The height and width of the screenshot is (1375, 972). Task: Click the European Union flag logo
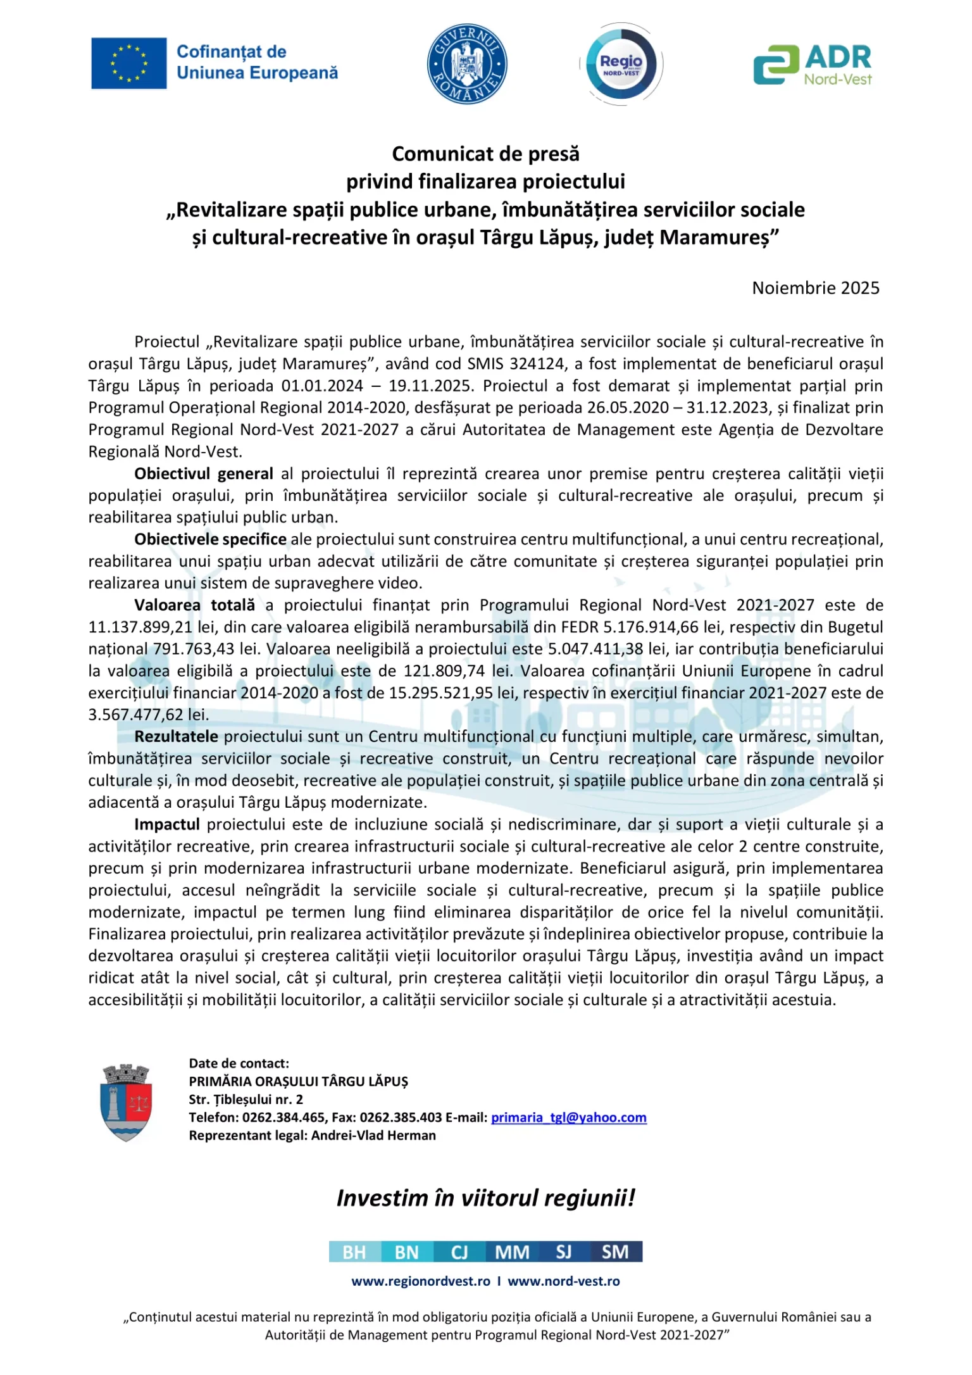pyautogui.click(x=129, y=63)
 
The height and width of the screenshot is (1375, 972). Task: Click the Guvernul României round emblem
pyautogui.click(x=467, y=63)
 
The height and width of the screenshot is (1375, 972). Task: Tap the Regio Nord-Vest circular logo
pyautogui.click(x=621, y=63)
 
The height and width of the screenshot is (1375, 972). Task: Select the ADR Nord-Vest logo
pyautogui.click(x=813, y=64)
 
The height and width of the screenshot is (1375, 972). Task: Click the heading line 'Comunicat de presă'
pyautogui.click(x=485, y=154)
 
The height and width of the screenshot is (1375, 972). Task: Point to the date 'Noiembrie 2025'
pyautogui.click(x=815, y=288)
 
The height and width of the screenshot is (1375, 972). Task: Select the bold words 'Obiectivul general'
pyautogui.click(x=203, y=474)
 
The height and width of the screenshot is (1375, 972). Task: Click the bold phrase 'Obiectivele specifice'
pyautogui.click(x=210, y=539)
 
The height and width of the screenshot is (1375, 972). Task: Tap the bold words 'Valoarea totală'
pyautogui.click(x=194, y=605)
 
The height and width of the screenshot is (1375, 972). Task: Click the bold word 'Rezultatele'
pyautogui.click(x=176, y=737)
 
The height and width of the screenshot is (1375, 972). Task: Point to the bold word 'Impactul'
pyautogui.click(x=166, y=825)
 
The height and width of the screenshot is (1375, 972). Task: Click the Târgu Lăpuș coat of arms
pyautogui.click(x=127, y=1102)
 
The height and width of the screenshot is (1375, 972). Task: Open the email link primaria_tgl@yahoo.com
pyautogui.click(x=568, y=1117)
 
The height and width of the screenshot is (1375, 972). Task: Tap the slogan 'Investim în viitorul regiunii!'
pyautogui.click(x=485, y=1198)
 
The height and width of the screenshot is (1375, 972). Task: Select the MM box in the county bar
pyautogui.click(x=512, y=1252)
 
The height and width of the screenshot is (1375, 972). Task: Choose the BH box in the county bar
pyautogui.click(x=354, y=1252)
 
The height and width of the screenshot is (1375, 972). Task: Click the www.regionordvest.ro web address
pyautogui.click(x=421, y=1281)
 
